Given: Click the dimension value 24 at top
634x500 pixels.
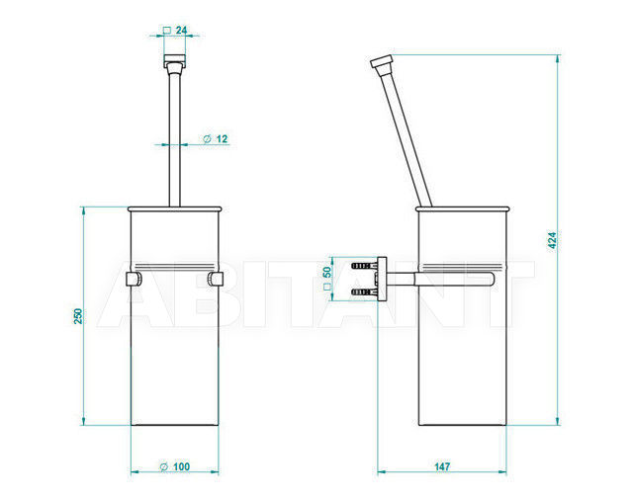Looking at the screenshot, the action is point(182,30).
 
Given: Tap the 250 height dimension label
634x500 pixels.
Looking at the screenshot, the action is point(78,316).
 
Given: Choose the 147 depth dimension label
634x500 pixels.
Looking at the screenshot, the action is point(442,466).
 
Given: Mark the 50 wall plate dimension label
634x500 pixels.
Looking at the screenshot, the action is point(327,272).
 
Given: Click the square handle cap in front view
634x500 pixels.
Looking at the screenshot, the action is point(175,60).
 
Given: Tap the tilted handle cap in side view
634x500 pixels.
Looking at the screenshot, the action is point(381,62).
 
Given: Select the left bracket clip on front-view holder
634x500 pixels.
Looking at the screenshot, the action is point(134,279).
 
